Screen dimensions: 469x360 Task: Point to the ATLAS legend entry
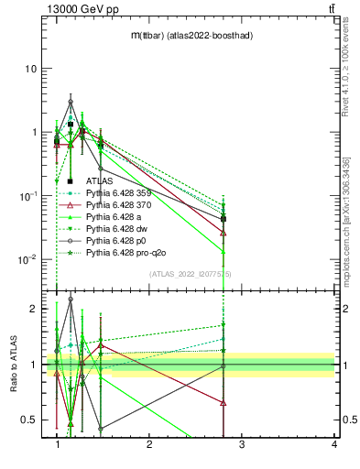[x=99, y=182]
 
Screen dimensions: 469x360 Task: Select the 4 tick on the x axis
[x=334, y=445]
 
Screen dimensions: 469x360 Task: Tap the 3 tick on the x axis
[x=242, y=445]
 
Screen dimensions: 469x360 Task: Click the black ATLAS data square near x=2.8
[x=224, y=219]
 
